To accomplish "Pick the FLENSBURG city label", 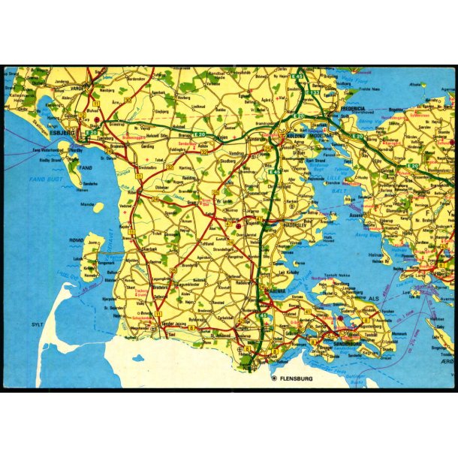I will [297, 378].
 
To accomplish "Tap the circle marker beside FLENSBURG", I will [274, 378].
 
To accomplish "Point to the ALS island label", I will [373, 298].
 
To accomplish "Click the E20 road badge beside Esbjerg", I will [91, 133].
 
